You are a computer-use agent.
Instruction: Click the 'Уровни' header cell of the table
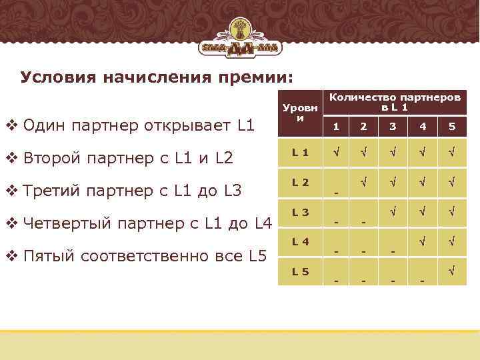[300, 111]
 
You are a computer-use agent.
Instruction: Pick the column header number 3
[393, 126]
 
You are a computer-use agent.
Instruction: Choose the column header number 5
[452, 126]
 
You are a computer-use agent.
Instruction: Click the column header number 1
[336, 126]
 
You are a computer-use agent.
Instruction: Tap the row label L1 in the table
[300, 151]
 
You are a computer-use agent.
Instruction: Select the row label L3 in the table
[300, 212]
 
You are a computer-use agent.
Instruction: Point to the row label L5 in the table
[300, 271]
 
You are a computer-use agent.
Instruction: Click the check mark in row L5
[452, 271]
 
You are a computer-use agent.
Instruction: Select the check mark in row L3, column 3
[393, 212]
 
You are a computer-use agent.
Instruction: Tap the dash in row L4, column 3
[393, 251]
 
